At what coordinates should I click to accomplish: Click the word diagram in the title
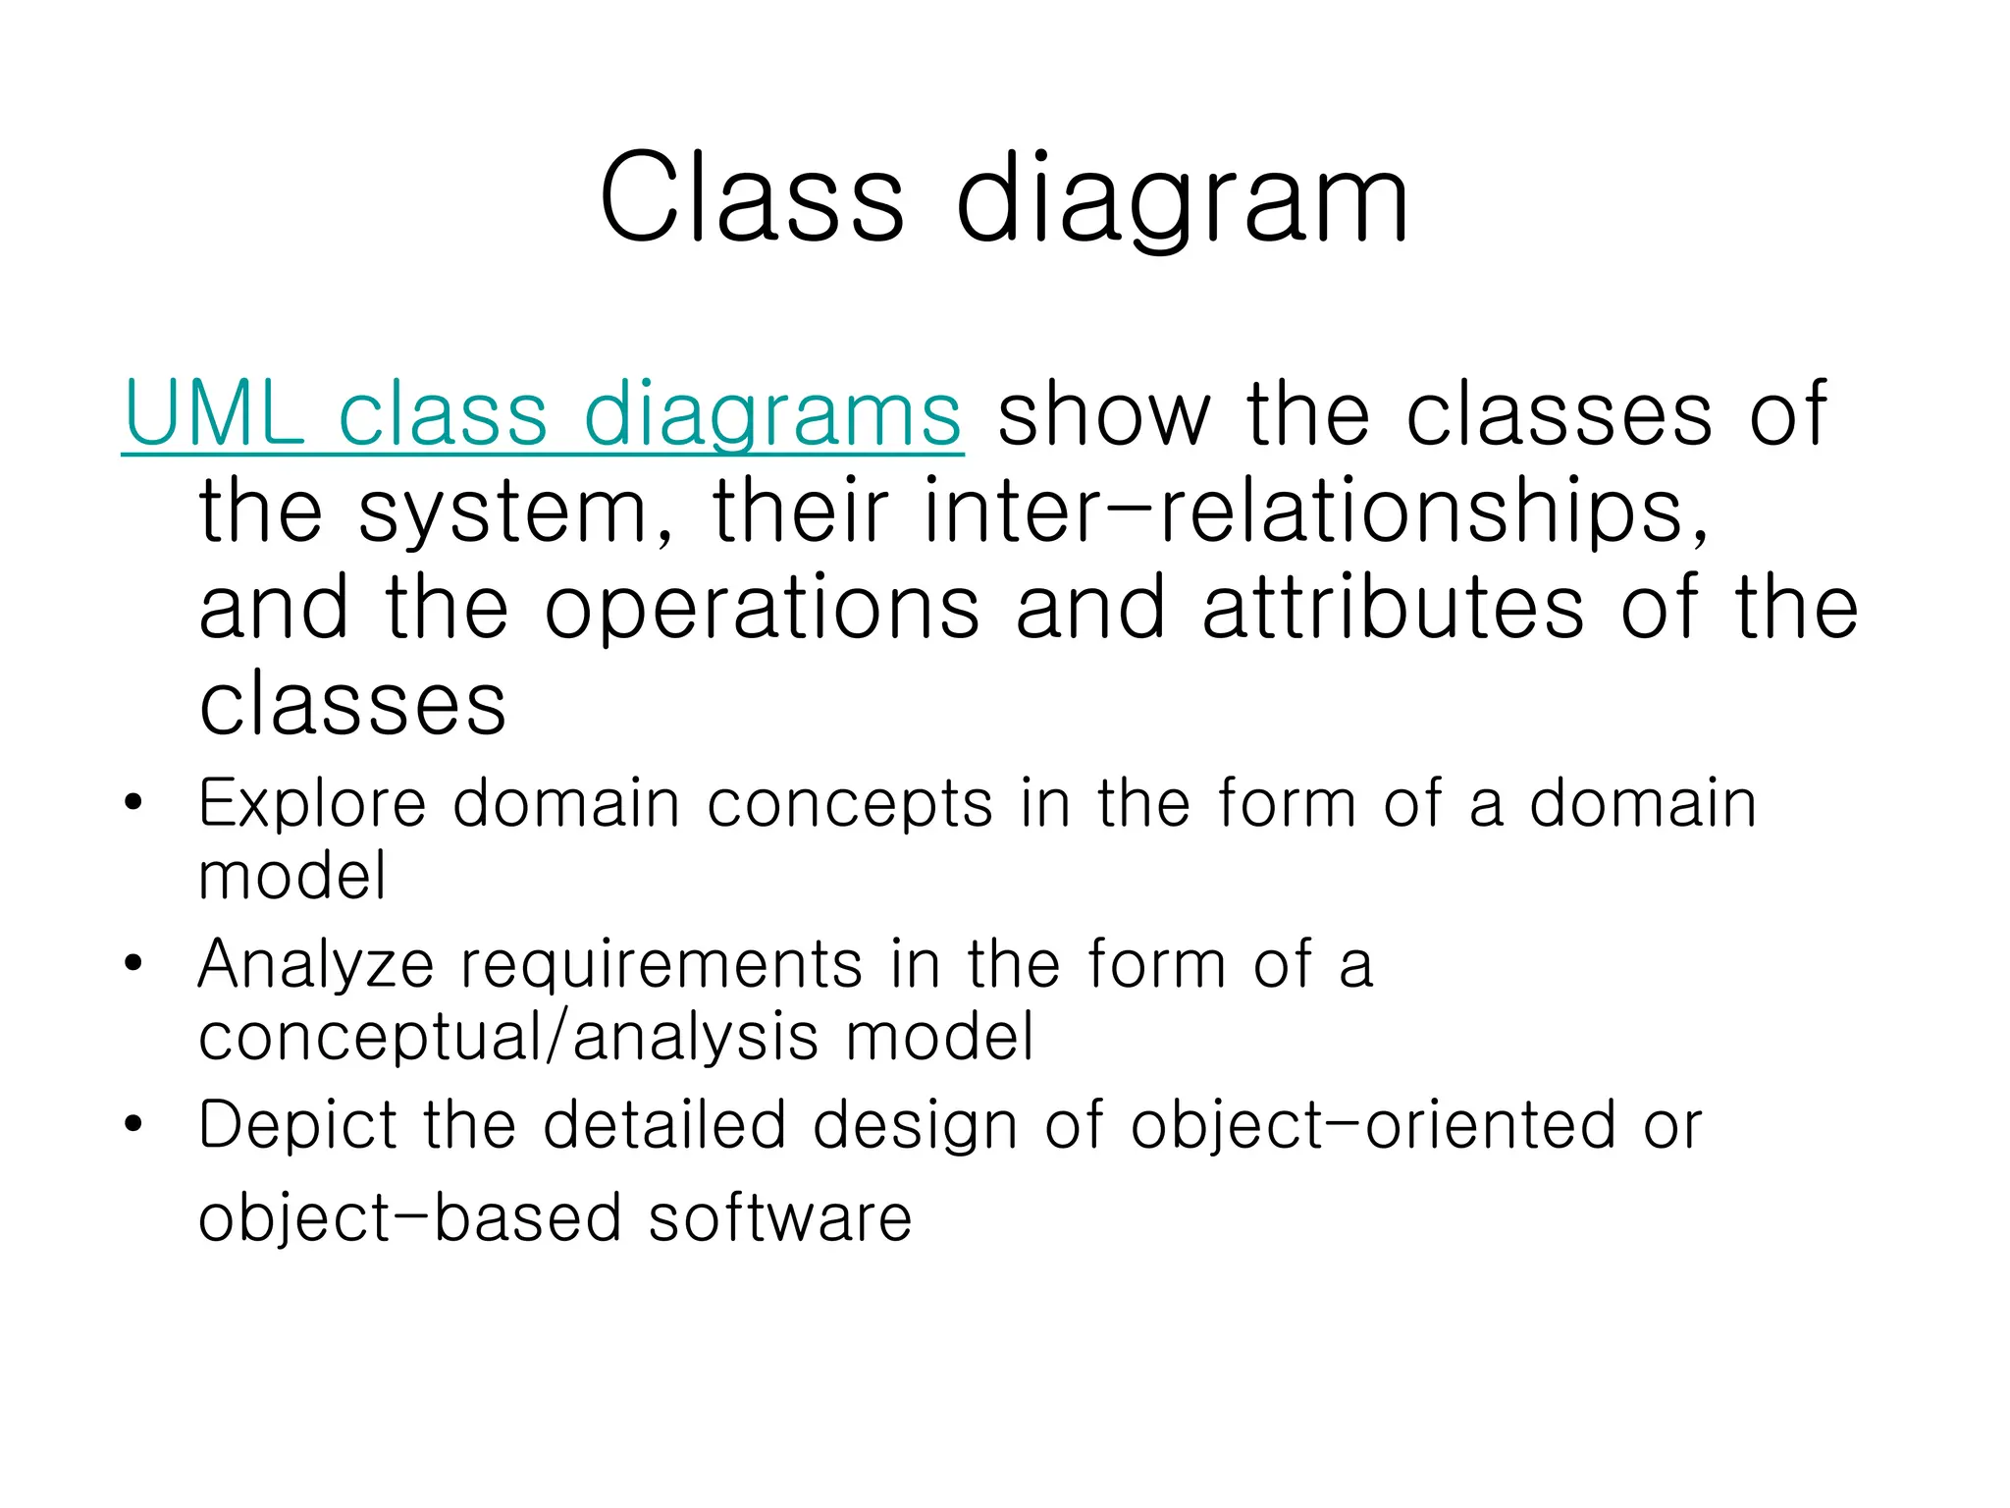[x=1182, y=201]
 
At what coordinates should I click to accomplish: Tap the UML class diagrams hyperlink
[x=543, y=416]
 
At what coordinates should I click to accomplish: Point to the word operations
[x=762, y=610]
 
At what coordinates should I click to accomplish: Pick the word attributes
[x=1394, y=608]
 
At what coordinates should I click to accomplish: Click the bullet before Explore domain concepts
[x=133, y=803]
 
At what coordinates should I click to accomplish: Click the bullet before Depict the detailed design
[x=133, y=1124]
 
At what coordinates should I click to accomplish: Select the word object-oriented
[x=1372, y=1125]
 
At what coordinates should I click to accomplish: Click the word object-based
[x=410, y=1219]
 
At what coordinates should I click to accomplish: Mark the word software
[x=780, y=1218]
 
